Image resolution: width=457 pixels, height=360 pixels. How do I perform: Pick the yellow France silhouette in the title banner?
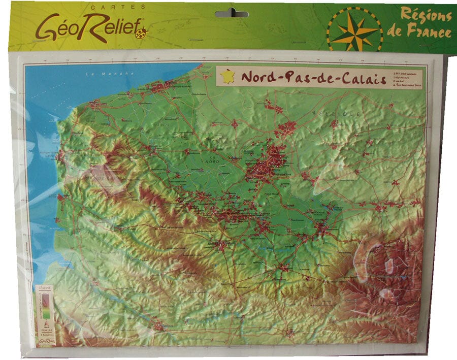click(227, 77)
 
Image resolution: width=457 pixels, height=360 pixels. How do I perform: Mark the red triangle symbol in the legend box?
click(44, 323)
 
